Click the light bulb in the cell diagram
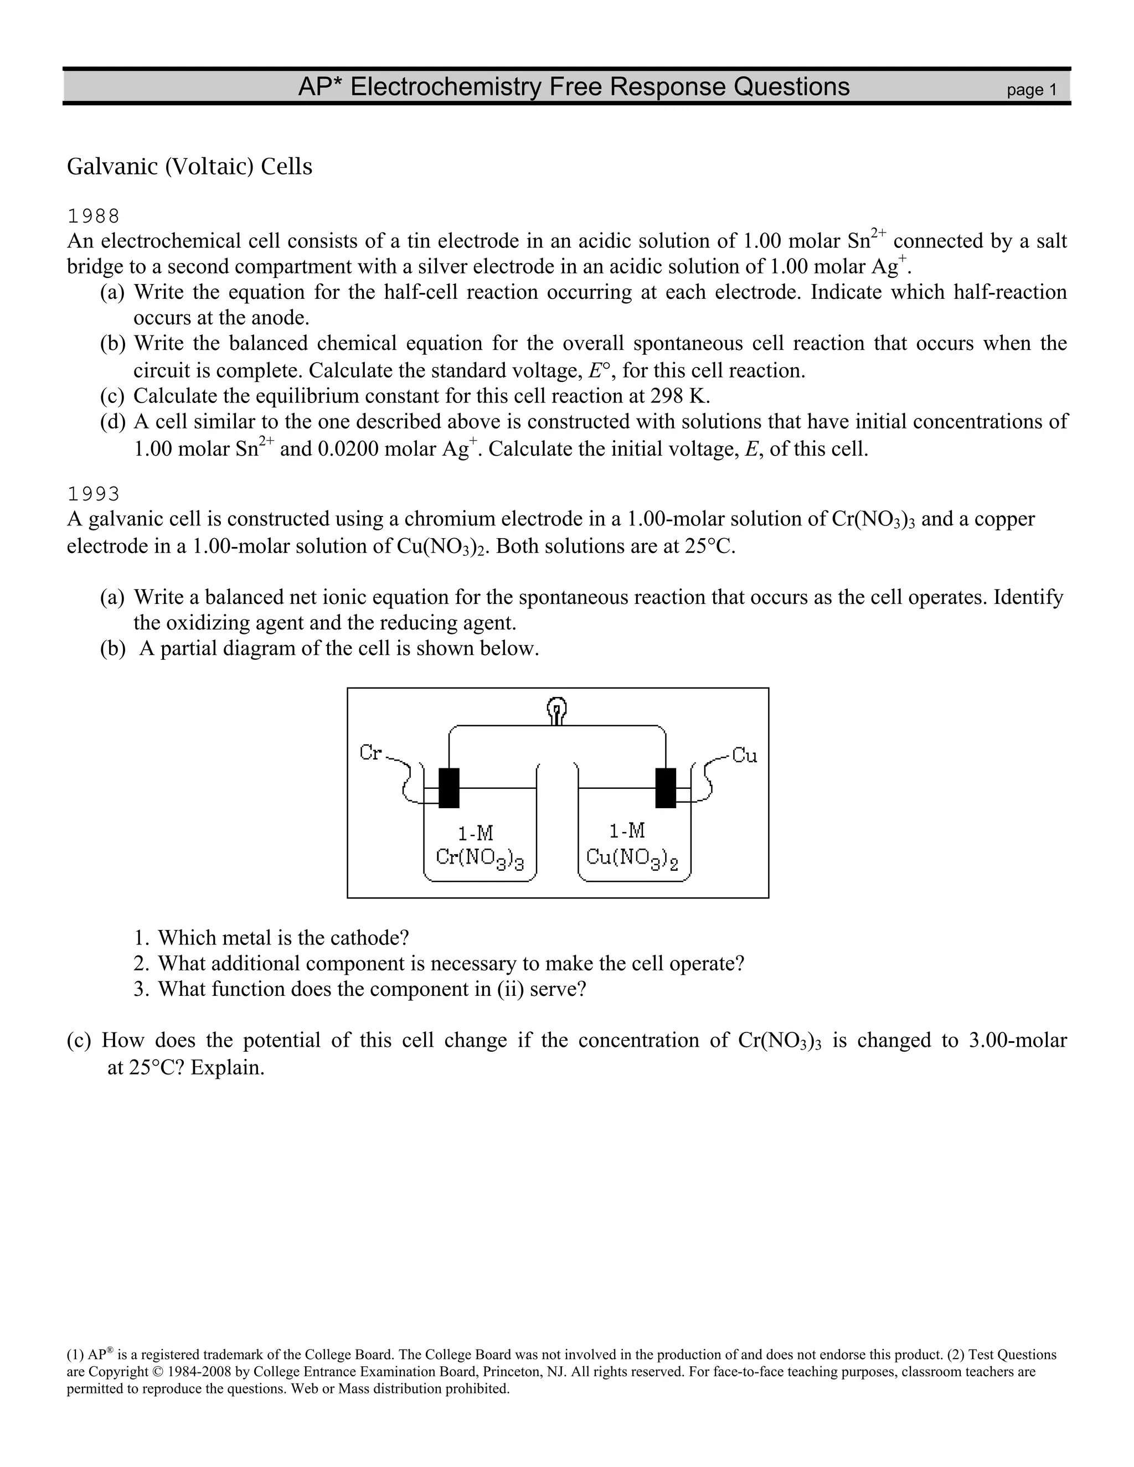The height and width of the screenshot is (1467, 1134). pos(557,710)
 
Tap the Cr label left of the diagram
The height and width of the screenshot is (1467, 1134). pos(370,752)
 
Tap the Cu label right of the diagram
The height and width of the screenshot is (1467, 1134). pos(744,756)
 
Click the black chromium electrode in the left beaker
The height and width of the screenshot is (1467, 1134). pos(449,787)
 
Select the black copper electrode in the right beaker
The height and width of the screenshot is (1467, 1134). pos(665,787)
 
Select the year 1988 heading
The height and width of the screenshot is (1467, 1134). pos(94,216)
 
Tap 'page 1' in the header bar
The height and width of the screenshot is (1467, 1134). pos(1031,90)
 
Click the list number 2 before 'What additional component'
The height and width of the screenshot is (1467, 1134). pos(141,964)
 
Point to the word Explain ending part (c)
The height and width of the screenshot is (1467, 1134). pos(227,1067)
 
